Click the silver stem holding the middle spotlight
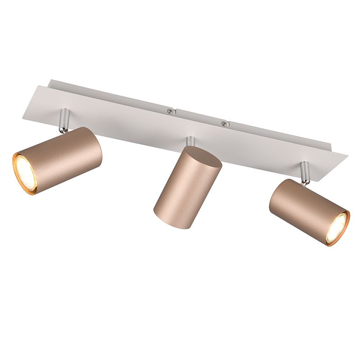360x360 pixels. click(191, 141)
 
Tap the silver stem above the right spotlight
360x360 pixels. click(306, 171)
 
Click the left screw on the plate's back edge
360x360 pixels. click(170, 111)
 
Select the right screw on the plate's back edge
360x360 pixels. click(222, 122)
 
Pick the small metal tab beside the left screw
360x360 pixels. click(176, 109)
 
